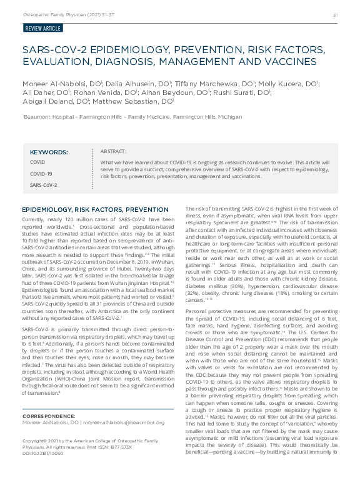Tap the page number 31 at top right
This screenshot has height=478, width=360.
(x=335, y=15)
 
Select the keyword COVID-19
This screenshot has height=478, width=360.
(x=41, y=174)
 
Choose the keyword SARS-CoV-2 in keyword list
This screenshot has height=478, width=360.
(x=43, y=185)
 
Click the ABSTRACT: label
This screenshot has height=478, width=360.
(x=113, y=151)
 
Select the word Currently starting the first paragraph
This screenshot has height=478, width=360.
(x=34, y=219)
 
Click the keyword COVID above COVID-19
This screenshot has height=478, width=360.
(x=37, y=162)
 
